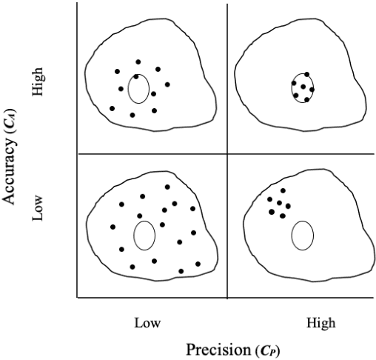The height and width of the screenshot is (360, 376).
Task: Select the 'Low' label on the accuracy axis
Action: point(39,208)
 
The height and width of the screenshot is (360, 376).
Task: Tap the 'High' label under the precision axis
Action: point(320,323)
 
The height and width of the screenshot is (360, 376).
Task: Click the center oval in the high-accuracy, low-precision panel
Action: point(138,88)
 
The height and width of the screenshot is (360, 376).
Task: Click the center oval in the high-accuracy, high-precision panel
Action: point(302,87)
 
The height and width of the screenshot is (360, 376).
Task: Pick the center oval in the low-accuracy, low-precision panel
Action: point(144,236)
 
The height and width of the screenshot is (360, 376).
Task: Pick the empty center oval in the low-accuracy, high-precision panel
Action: point(302,236)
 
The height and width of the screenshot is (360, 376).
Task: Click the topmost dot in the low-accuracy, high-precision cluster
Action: point(283,191)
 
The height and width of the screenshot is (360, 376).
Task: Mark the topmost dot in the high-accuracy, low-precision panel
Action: point(138,62)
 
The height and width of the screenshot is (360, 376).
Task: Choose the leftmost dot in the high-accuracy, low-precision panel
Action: point(112,108)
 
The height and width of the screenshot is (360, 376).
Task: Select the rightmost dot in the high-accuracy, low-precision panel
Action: point(167,84)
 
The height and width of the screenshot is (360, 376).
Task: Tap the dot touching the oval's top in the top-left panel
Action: point(136,76)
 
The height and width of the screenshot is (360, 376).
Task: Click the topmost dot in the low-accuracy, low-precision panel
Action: point(167,187)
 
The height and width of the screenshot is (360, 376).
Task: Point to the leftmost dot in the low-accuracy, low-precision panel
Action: point(113,227)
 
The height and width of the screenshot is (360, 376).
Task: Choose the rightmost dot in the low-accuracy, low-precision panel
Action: point(198,264)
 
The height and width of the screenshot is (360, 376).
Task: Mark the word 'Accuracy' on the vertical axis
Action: point(11,169)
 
